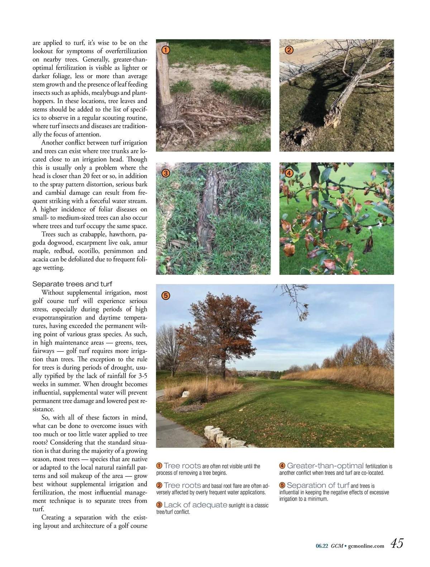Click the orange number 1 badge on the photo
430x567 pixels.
(165, 50)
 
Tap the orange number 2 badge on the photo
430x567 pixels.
(289, 50)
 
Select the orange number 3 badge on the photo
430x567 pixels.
(165, 173)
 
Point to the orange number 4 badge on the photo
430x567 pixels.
(289, 173)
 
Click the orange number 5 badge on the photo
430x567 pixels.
(165, 296)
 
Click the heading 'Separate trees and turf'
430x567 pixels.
(72, 284)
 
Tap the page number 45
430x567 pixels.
(397, 543)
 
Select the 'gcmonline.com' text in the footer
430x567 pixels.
(366, 546)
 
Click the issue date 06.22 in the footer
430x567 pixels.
(322, 546)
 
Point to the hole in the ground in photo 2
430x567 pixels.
(296, 137)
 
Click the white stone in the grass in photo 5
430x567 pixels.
(186, 394)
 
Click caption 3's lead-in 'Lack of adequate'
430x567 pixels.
(195, 505)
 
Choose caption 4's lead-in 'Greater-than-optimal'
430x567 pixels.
(325, 466)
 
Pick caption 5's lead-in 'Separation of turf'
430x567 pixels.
(318, 485)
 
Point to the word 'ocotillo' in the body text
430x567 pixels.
(91, 251)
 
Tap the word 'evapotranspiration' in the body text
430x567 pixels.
(57, 318)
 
